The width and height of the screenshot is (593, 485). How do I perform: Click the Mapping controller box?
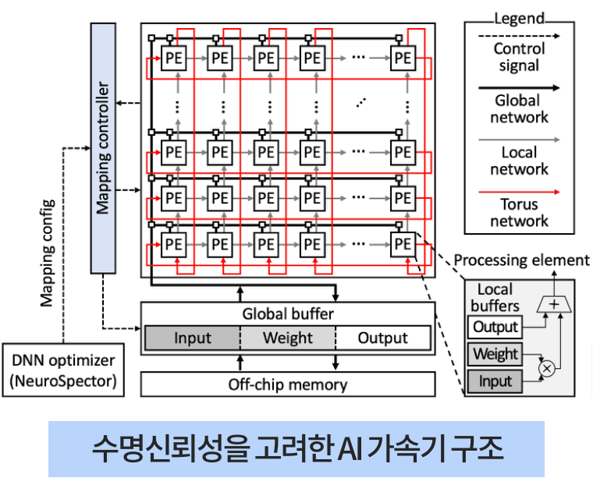point(103,147)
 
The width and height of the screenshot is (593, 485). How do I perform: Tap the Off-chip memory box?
point(287,384)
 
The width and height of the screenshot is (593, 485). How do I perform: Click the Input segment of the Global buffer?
point(192,338)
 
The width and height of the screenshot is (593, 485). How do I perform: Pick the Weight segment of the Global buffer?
point(287,338)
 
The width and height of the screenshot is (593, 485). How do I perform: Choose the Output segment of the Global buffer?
point(382,338)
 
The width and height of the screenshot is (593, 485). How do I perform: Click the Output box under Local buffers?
point(495,327)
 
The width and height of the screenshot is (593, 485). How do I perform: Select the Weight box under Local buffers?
point(495,354)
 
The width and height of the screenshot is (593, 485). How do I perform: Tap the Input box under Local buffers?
point(495,381)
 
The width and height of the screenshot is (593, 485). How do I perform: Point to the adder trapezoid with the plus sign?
point(555,306)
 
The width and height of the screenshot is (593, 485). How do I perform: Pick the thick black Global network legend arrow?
point(520,87)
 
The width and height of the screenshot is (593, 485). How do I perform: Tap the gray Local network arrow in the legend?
point(520,139)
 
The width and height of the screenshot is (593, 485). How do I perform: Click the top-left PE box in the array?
point(174,58)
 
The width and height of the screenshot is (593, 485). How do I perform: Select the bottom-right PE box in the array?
point(403,244)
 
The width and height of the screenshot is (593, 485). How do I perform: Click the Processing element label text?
point(522,260)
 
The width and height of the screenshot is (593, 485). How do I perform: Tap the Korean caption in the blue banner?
point(296,450)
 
